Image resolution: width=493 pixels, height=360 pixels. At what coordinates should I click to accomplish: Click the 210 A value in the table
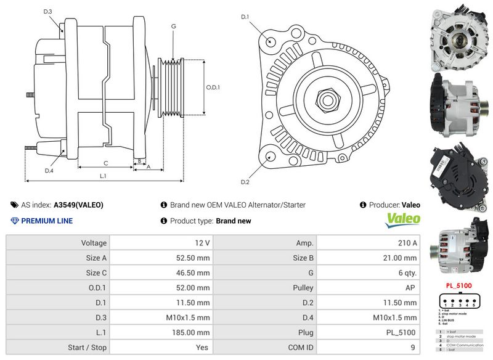(x=407, y=243)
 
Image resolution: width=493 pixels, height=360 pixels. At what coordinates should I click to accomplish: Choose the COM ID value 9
(x=415, y=348)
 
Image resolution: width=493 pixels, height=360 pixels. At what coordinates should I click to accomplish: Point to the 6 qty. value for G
(x=407, y=273)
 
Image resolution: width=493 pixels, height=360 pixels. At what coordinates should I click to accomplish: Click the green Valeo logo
(x=403, y=219)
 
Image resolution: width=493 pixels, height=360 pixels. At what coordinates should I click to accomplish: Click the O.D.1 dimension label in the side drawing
(x=213, y=88)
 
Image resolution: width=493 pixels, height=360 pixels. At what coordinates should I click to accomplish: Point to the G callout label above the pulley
(x=174, y=27)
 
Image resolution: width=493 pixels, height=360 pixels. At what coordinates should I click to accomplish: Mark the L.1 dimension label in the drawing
(x=104, y=176)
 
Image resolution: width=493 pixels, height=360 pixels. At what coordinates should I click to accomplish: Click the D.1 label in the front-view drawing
(x=245, y=17)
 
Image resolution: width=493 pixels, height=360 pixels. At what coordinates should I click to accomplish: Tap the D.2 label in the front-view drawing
(x=245, y=182)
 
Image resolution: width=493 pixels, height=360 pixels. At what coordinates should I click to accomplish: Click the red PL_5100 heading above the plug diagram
(x=458, y=285)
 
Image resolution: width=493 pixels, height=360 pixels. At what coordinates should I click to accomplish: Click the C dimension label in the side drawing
(x=106, y=163)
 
